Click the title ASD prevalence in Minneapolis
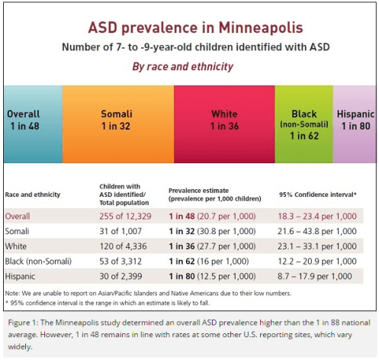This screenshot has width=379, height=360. tap(195, 28)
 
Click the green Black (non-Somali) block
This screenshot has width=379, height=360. tap(304, 124)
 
